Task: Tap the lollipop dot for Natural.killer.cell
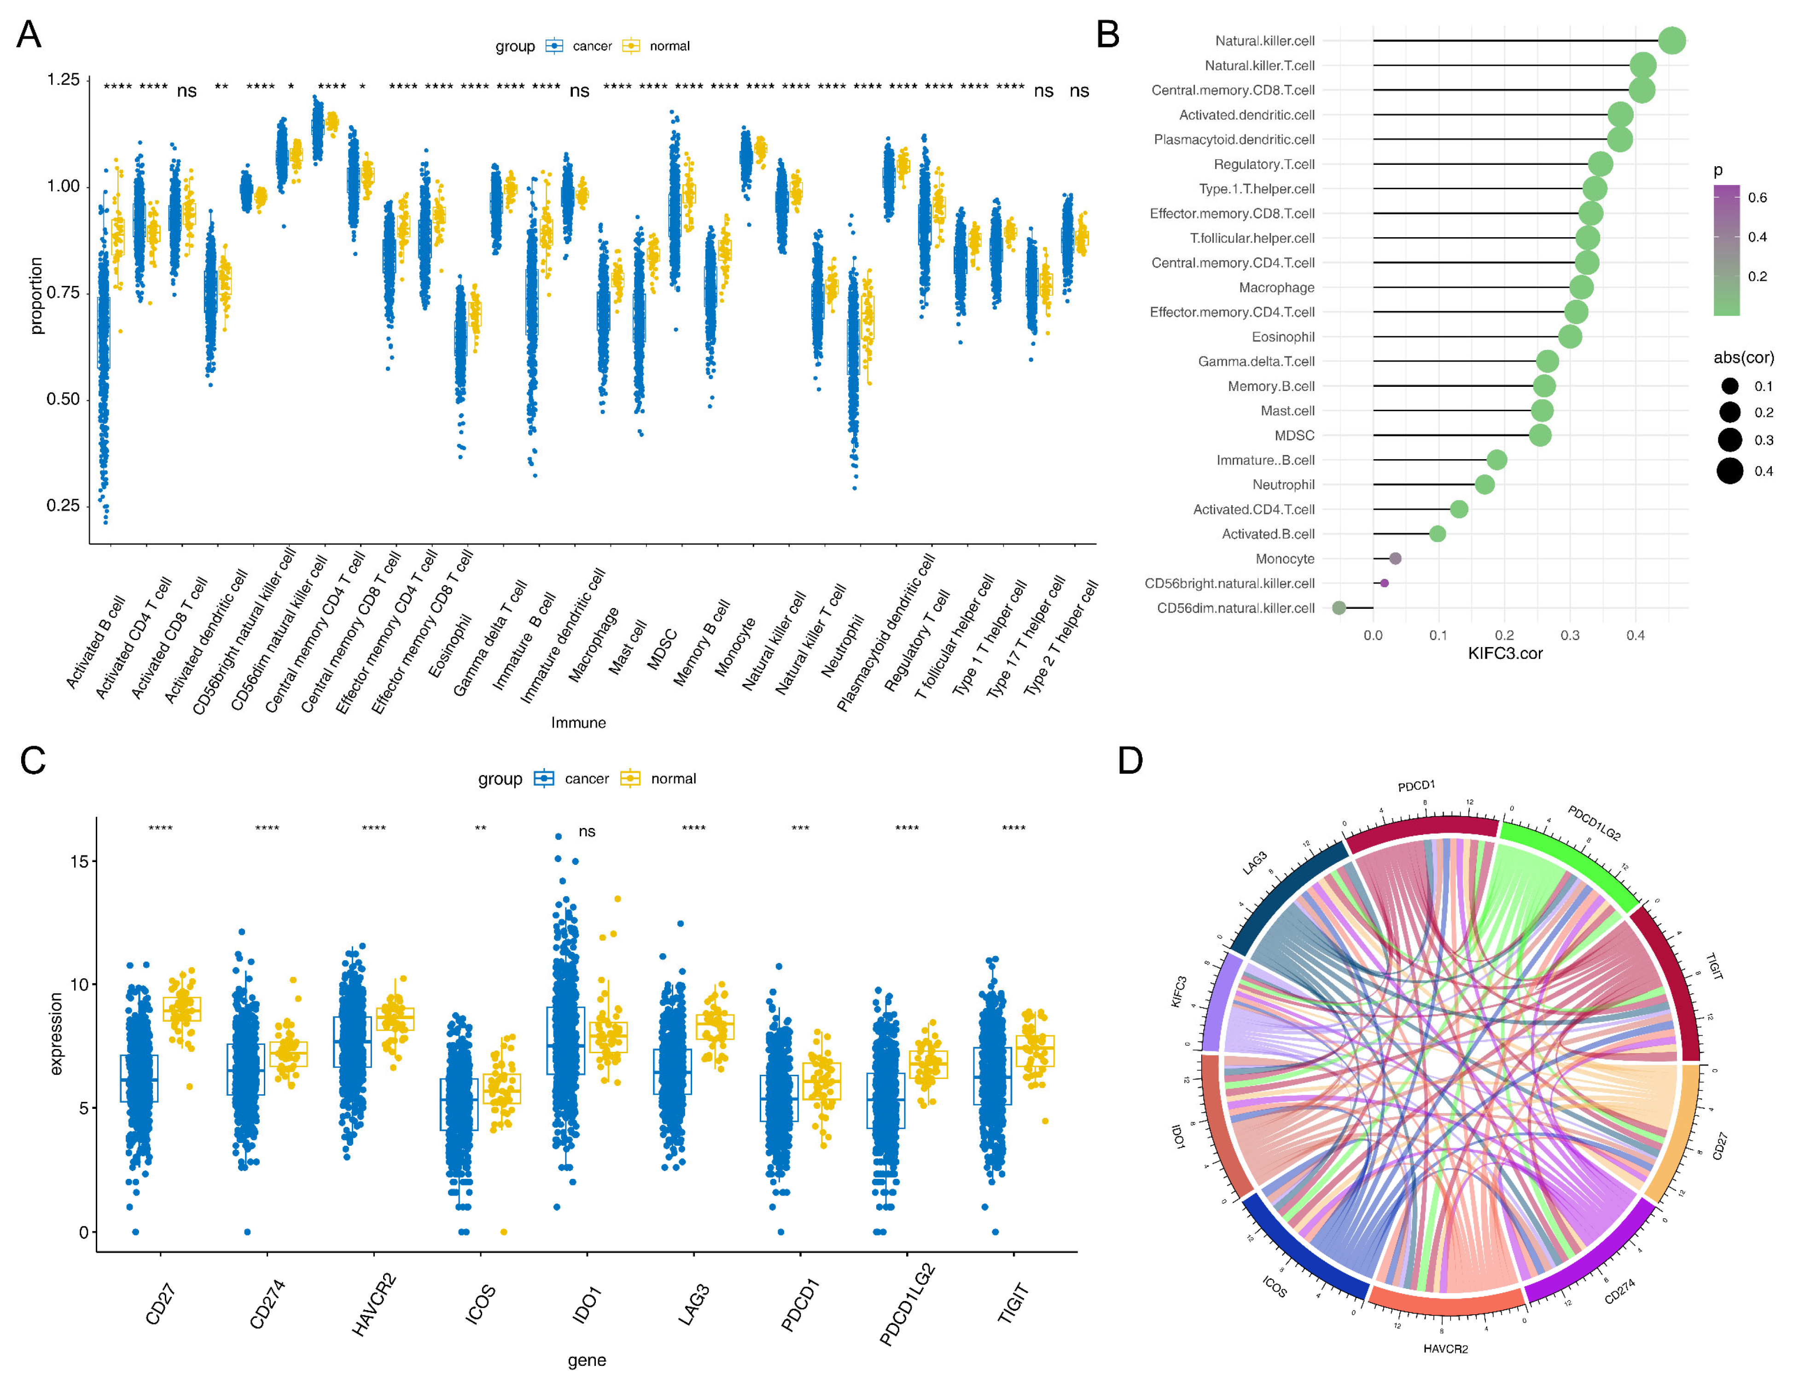(x=1671, y=40)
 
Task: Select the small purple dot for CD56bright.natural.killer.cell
(x=1384, y=583)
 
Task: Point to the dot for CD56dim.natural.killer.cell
(x=1339, y=608)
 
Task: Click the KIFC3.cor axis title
(x=1505, y=653)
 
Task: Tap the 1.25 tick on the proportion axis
(x=63, y=80)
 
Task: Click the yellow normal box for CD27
(x=181, y=1009)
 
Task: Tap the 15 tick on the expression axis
(x=79, y=861)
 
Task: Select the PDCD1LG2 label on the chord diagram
(x=1594, y=823)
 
